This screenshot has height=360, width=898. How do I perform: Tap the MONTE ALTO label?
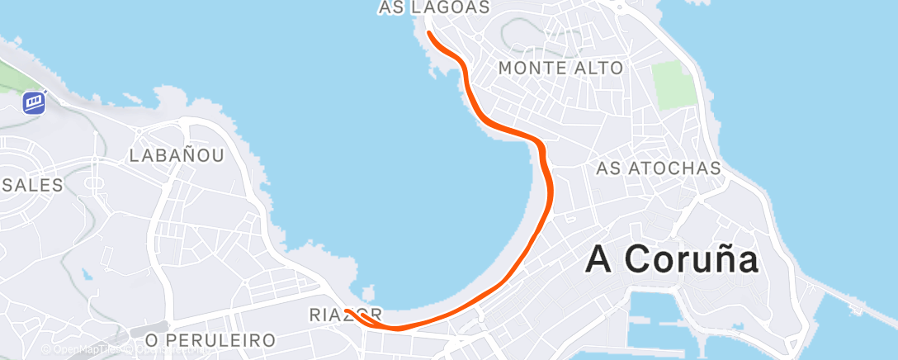(561, 68)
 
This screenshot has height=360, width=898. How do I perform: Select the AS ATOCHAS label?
(659, 168)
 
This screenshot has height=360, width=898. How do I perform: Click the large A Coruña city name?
(672, 259)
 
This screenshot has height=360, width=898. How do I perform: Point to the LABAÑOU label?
(177, 155)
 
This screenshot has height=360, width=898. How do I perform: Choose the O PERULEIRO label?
(210, 340)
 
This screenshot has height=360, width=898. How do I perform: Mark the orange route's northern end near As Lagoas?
(429, 33)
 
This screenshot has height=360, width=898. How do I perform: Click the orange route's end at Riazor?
(347, 310)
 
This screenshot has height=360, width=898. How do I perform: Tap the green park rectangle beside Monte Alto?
(674, 84)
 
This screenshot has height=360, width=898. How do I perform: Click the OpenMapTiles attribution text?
(83, 350)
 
